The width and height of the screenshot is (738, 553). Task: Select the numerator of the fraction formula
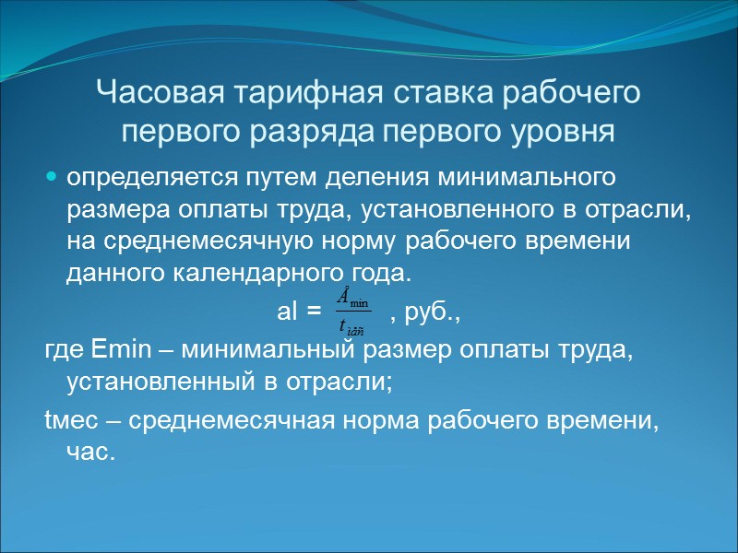pyautogui.click(x=351, y=299)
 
